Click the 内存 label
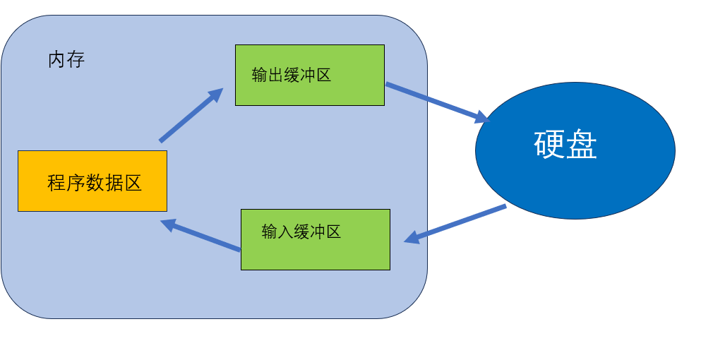pyautogui.click(x=66, y=60)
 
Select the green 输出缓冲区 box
pyautogui.click(x=309, y=75)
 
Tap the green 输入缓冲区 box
pyautogui.click(x=315, y=239)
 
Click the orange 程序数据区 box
pyautogui.click(x=92, y=181)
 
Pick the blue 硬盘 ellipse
pyautogui.click(x=575, y=150)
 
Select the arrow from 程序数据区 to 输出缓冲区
pyautogui.click(x=189, y=116)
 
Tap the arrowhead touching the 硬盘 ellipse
pyautogui.click(x=483, y=117)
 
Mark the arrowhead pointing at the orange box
pyautogui.click(x=168, y=224)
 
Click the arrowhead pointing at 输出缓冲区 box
pyautogui.click(x=215, y=94)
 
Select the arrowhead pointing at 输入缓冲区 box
pyautogui.click(x=412, y=239)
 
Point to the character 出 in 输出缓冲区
pyautogui.click(x=275, y=76)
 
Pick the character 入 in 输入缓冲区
pyautogui.click(x=285, y=232)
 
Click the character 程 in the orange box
pyautogui.click(x=57, y=183)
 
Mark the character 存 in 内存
pyautogui.click(x=76, y=60)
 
